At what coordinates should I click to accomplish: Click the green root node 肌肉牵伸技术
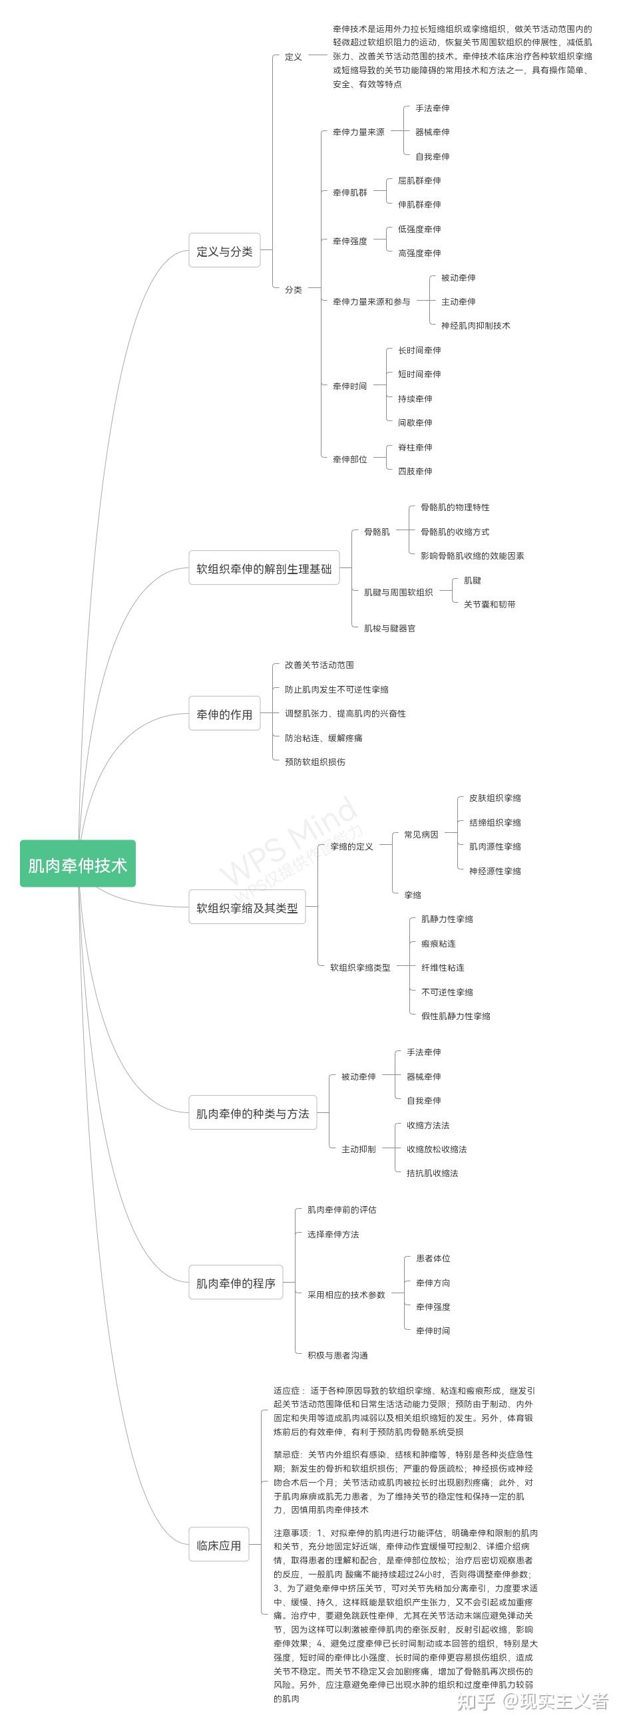[x=78, y=864]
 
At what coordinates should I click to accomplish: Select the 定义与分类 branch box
[x=224, y=251]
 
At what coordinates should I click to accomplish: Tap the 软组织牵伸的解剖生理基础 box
[x=264, y=569]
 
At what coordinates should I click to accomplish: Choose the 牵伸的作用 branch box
[x=224, y=714]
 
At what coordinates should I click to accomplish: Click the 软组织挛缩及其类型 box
[x=247, y=908]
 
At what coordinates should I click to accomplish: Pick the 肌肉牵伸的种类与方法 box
[x=252, y=1113]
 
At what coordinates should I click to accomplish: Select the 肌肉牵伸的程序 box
[x=236, y=1283]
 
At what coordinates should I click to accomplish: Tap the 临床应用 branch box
[x=218, y=1545]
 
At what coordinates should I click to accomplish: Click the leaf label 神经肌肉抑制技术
[x=475, y=325]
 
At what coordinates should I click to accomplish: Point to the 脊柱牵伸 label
[x=415, y=447]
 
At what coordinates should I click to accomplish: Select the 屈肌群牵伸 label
[x=419, y=180]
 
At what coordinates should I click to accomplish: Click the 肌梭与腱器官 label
[x=389, y=628]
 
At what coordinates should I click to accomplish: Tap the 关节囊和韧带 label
[x=489, y=604]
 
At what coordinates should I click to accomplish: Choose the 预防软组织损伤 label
[x=315, y=762]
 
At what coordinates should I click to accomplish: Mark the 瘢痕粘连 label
[x=438, y=943]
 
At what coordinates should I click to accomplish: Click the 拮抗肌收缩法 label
[x=433, y=1174]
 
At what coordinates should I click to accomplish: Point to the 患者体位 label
[x=433, y=1259]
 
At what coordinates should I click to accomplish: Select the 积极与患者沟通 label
[x=337, y=1355]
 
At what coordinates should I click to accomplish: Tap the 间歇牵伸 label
[x=415, y=422]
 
